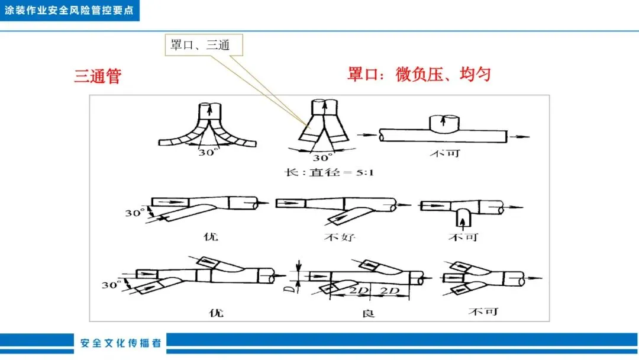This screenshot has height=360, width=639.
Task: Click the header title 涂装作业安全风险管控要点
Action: pos(69,10)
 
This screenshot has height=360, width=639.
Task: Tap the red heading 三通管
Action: pos(98,76)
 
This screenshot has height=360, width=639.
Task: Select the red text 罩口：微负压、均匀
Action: pos(419,75)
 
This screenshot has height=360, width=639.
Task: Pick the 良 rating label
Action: pos(367,311)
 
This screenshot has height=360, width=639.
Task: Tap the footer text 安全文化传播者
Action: pos(121,343)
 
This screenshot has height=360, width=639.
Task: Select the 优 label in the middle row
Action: pos(211,237)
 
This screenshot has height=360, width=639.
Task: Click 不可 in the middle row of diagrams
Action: pos(464,237)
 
